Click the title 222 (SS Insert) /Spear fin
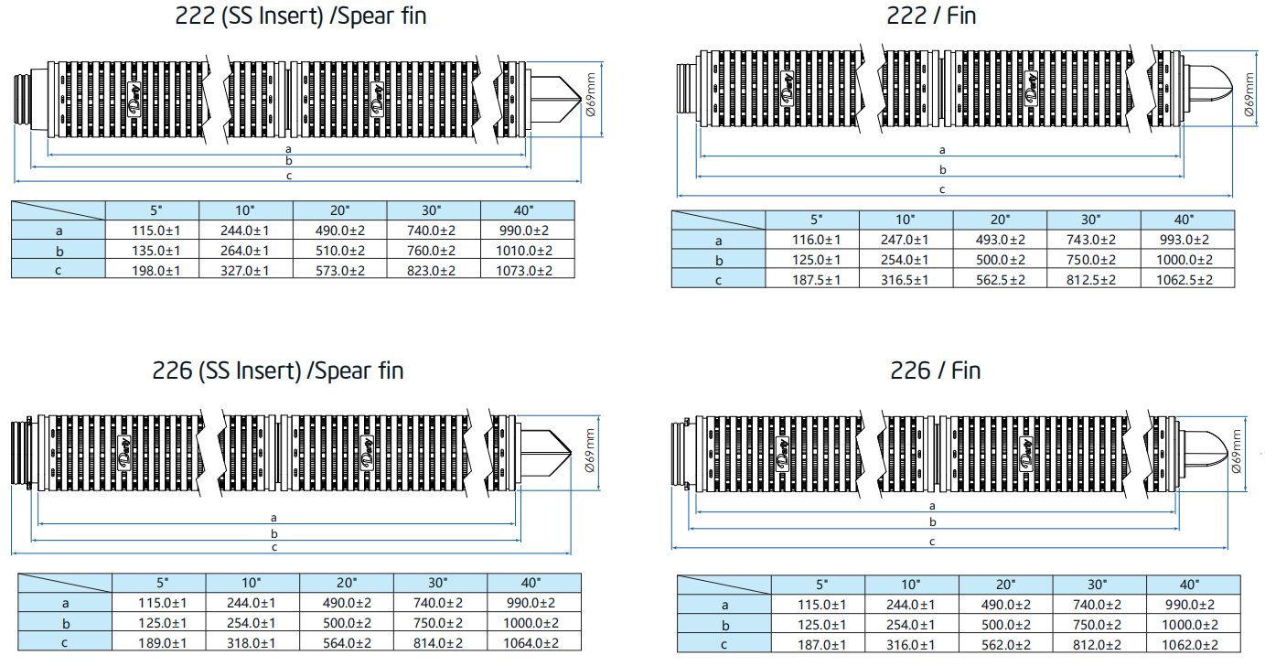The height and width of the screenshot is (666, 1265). [x=300, y=16]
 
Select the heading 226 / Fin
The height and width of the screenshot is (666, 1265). [x=935, y=371]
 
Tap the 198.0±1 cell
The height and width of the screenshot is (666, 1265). [x=153, y=270]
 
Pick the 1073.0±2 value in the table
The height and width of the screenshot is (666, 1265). [x=527, y=270]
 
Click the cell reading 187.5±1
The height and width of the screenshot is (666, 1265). [x=811, y=280]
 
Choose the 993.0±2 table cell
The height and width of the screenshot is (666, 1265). [x=1185, y=240]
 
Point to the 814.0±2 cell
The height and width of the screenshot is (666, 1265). [x=440, y=643]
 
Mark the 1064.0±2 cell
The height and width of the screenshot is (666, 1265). [x=534, y=643]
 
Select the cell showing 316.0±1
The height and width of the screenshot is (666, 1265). [x=911, y=645]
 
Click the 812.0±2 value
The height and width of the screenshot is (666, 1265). [x=1099, y=645]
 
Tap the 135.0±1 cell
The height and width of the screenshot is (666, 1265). [x=153, y=250]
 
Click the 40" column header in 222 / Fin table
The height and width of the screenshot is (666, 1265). [x=1185, y=220]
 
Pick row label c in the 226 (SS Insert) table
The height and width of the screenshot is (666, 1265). [x=65, y=643]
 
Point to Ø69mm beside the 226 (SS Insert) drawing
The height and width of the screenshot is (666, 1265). [x=589, y=450]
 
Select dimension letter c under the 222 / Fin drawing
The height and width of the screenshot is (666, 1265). [x=942, y=189]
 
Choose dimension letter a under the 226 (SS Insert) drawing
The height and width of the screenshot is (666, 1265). [x=274, y=518]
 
